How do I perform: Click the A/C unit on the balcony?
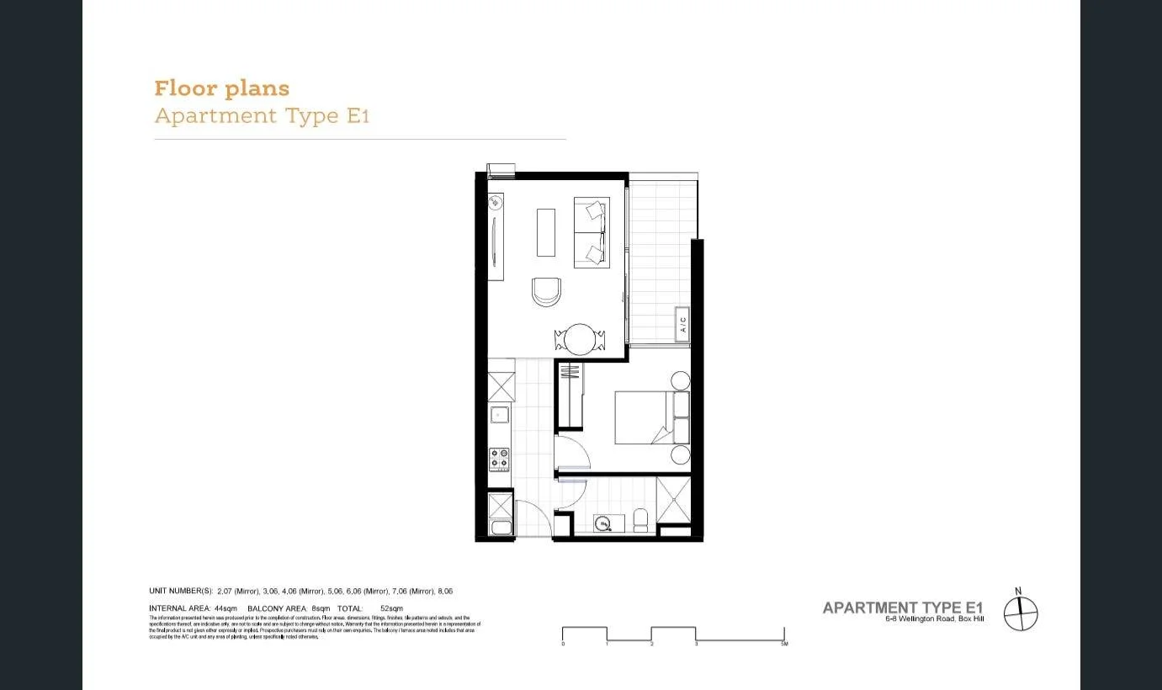682,324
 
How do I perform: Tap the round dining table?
580,340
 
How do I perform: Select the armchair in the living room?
546,291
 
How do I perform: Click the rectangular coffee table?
546,231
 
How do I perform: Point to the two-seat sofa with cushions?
592,232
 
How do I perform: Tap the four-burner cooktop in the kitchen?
500,459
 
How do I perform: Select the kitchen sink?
500,414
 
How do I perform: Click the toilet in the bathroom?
640,521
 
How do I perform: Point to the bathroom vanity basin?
603,524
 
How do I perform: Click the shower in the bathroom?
673,500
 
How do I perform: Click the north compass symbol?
1021,613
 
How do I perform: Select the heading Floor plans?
221,88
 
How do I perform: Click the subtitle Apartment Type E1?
262,116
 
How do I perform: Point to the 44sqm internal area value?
226,608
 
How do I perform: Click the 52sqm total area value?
392,608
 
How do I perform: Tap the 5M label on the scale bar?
783,644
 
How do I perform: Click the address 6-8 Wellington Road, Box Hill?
933,620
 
